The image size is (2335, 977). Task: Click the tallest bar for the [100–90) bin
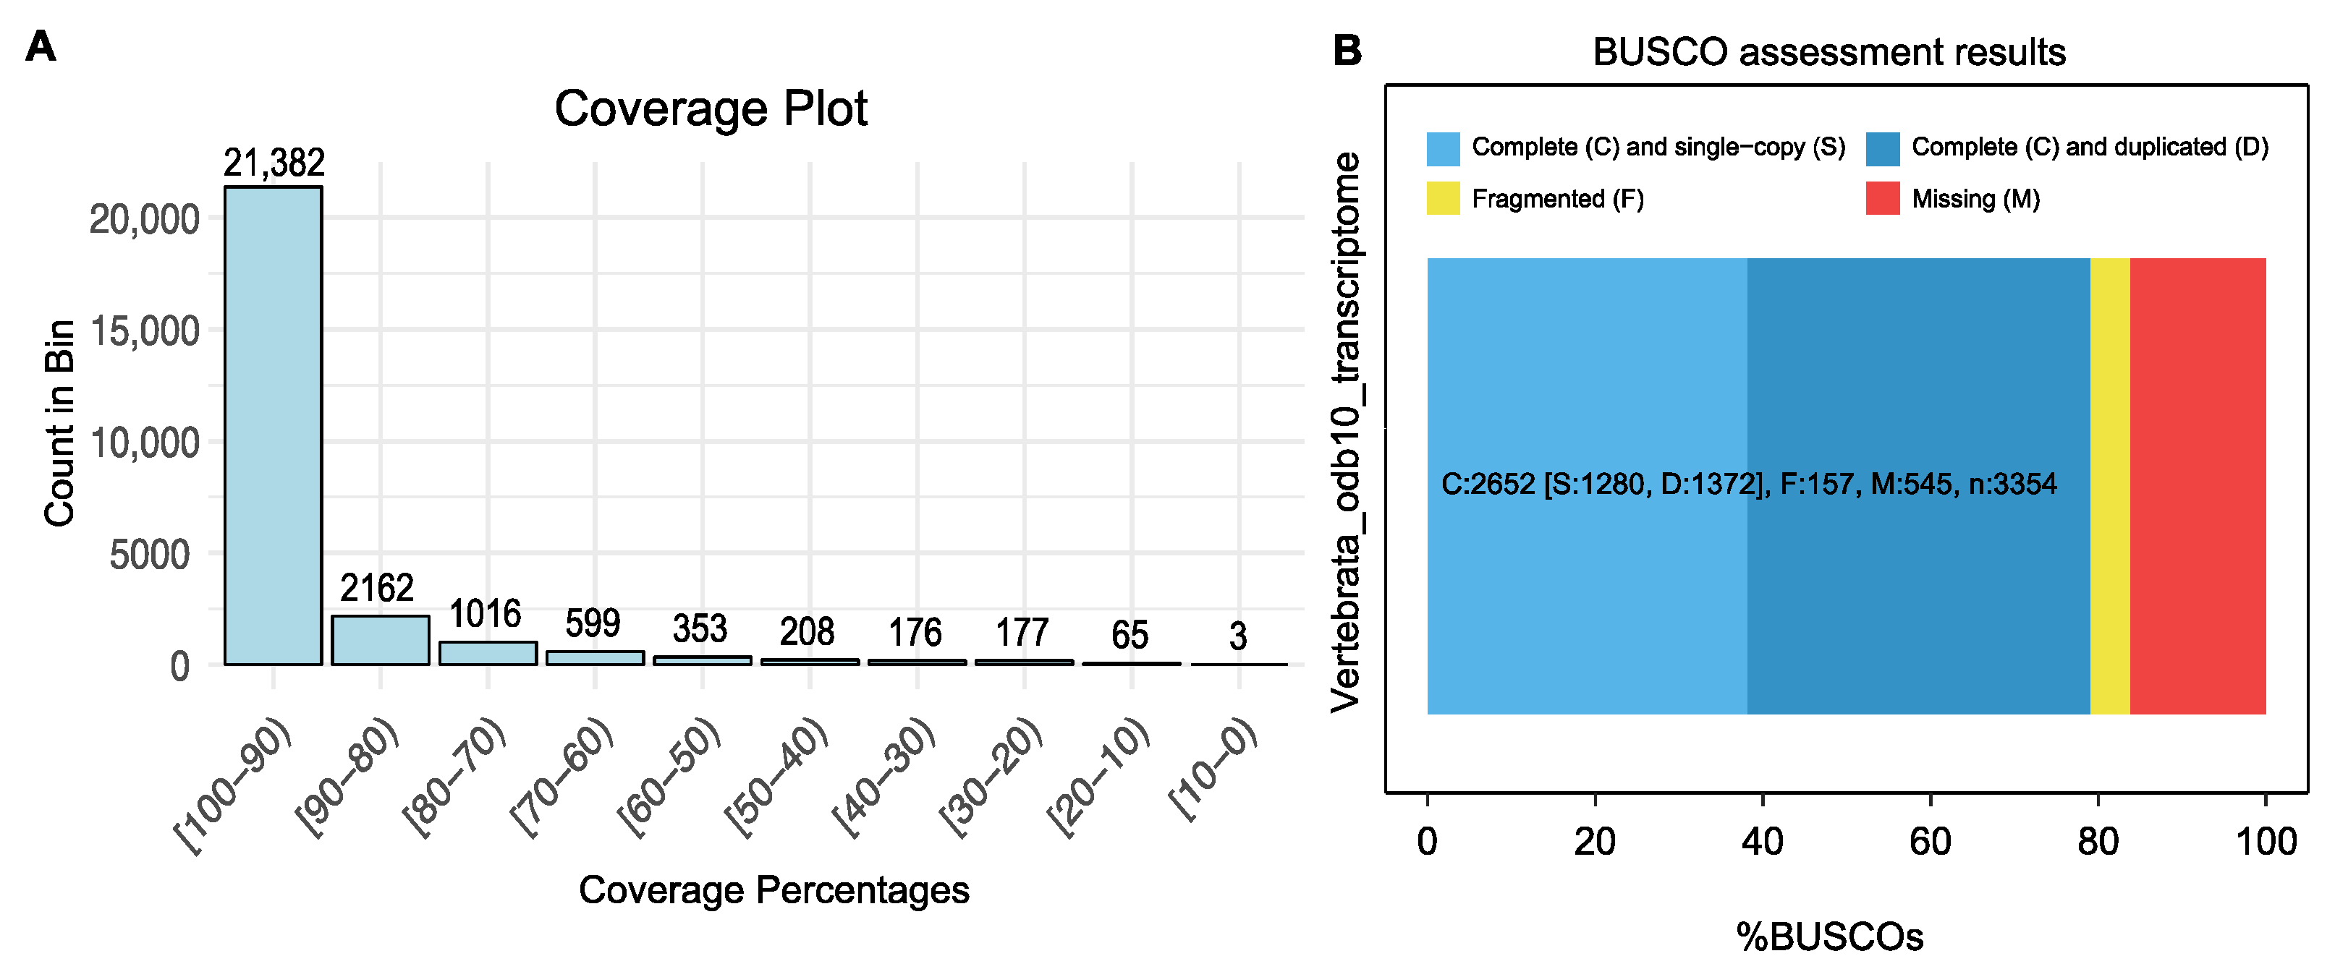pyautogui.click(x=273, y=426)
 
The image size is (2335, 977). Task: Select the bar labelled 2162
pyautogui.click(x=380, y=640)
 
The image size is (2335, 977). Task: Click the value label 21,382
pyautogui.click(x=274, y=163)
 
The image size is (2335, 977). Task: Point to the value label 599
pyautogui.click(x=593, y=623)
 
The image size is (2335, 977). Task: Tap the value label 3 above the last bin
pyautogui.click(x=1238, y=636)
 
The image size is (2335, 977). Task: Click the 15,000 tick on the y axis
pyautogui.click(x=145, y=330)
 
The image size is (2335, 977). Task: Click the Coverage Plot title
pyautogui.click(x=711, y=108)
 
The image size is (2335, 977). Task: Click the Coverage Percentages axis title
pyautogui.click(x=774, y=890)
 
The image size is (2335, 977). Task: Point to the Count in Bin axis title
pyautogui.click(x=60, y=422)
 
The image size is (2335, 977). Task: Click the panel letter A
pyautogui.click(x=41, y=47)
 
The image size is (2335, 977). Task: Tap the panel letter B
pyautogui.click(x=1347, y=51)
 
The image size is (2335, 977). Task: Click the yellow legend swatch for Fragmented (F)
pyautogui.click(x=1443, y=198)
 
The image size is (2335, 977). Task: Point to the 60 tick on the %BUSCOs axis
pyautogui.click(x=1930, y=842)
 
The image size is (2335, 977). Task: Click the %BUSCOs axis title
pyautogui.click(x=1829, y=937)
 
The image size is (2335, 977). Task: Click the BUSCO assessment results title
pyautogui.click(x=1829, y=53)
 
